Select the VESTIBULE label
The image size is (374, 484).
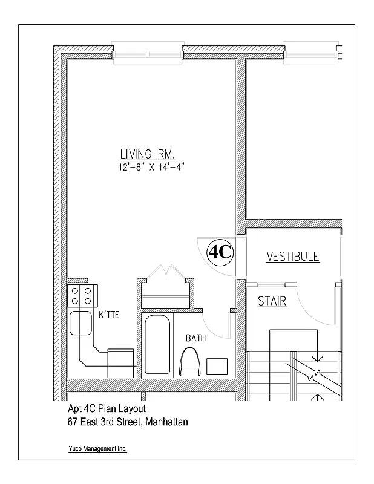(x=293, y=257)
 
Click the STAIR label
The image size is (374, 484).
(x=272, y=301)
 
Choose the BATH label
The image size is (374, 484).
(x=195, y=338)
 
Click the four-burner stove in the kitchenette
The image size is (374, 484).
(x=82, y=296)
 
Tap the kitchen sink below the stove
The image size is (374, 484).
(x=80, y=324)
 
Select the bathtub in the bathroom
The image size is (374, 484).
(x=158, y=346)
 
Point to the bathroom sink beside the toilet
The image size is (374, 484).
(x=217, y=366)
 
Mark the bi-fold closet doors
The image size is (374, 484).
(x=164, y=272)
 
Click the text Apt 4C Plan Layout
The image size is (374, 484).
(x=107, y=408)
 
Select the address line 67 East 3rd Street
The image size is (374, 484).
(x=128, y=422)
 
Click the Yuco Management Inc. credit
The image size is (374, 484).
(x=97, y=449)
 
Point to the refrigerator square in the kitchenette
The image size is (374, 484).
(x=121, y=362)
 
